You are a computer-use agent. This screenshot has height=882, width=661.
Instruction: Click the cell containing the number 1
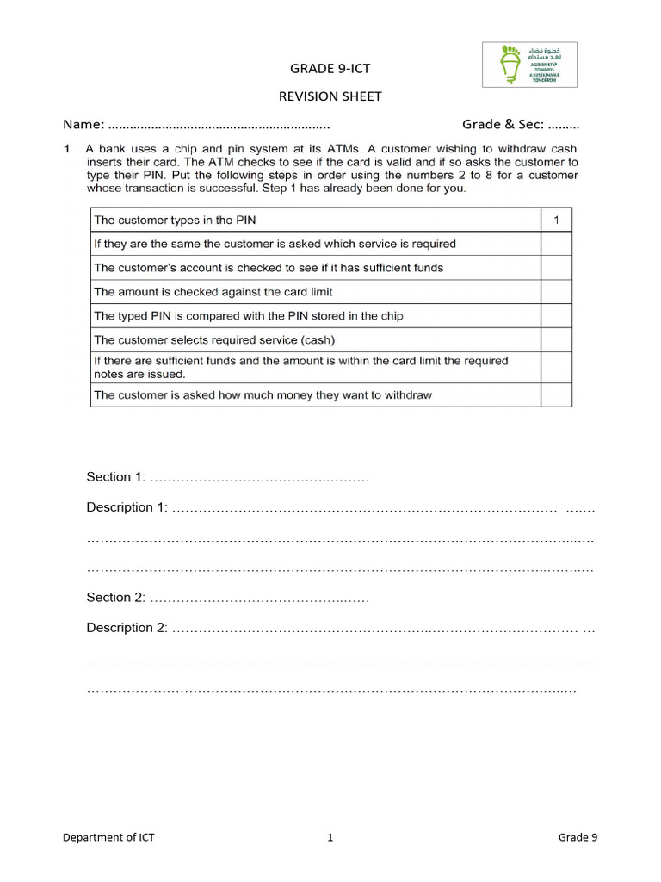pos(556,220)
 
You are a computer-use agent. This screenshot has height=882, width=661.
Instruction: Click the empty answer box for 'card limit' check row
pos(556,292)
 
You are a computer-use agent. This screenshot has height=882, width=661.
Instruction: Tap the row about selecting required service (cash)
pos(214,339)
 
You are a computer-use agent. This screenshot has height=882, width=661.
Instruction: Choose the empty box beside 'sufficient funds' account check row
pos(556,268)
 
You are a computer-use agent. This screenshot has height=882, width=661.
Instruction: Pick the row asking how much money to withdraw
pos(263,395)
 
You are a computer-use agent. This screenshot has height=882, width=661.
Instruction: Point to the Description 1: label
pos(127,507)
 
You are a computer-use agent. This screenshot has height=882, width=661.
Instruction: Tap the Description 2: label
pos(127,628)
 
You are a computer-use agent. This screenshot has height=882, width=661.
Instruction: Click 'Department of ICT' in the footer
pos(108,837)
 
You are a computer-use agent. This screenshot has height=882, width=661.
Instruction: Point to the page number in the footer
pos(330,837)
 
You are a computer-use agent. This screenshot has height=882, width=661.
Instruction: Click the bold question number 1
pos(66,149)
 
